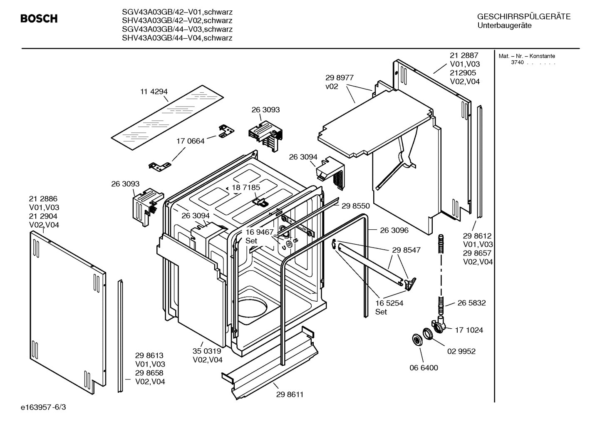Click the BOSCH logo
tap(39, 19)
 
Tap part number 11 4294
tap(154, 92)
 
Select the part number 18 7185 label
tap(246, 187)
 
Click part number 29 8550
tap(356, 206)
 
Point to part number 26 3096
tap(394, 230)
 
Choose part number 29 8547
tap(406, 250)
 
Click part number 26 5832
tap(471, 303)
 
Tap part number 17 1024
tap(469, 330)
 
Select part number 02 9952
tap(461, 351)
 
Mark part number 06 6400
tap(424, 368)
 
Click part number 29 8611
tap(290, 394)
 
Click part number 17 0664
tap(191, 141)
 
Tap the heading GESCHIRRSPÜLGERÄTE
tap(523, 17)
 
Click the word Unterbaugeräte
tap(504, 26)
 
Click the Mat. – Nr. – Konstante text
tap(527, 56)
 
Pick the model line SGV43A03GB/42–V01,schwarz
tap(177, 12)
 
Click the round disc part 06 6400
tap(416, 339)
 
